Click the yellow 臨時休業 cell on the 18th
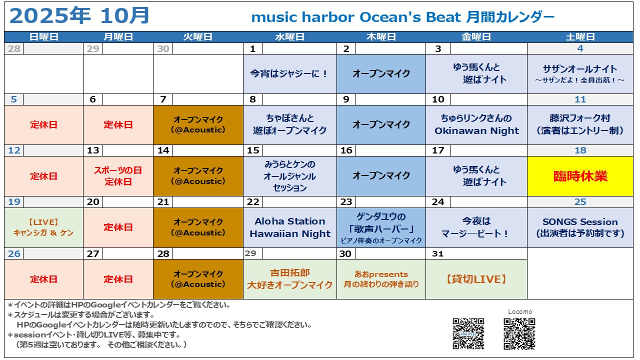click(x=580, y=176)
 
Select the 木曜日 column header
click(x=381, y=37)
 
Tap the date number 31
click(x=437, y=253)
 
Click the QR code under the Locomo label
click(x=519, y=333)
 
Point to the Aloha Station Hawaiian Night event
click(x=289, y=227)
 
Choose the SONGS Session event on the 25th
click(x=580, y=227)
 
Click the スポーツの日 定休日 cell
click(x=118, y=176)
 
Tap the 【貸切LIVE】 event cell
click(x=476, y=279)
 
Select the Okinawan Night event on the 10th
click(x=476, y=124)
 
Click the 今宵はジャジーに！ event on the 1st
click(x=289, y=73)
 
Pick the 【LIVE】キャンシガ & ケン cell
click(x=43, y=227)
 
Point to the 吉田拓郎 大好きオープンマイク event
click(x=289, y=279)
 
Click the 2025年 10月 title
click(x=79, y=15)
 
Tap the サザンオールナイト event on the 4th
click(x=580, y=73)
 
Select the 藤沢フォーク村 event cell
click(x=580, y=124)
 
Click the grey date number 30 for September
click(x=163, y=49)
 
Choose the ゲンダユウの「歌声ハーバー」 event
click(x=381, y=227)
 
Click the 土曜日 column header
click(x=580, y=37)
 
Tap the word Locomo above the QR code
click(x=519, y=311)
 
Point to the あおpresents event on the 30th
click(x=381, y=279)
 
